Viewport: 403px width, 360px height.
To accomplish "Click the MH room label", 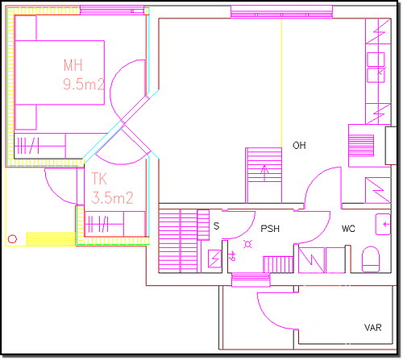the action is tap(73, 65).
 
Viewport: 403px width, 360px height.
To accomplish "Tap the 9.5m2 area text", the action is tap(84, 84).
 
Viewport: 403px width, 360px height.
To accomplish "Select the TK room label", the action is tap(99, 179).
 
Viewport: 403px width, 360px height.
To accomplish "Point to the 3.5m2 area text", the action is tap(112, 198).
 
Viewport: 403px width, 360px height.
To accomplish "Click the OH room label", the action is tap(299, 145).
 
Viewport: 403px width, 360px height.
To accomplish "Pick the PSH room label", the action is tap(270, 229).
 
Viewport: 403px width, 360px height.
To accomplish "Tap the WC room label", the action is tap(348, 229).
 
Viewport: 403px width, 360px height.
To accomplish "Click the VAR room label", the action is tap(372, 328).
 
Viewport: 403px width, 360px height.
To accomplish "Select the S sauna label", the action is tap(216, 226).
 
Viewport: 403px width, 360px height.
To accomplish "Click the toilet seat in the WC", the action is tap(371, 259).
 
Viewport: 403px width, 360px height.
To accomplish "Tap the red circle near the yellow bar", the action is tap(12, 238).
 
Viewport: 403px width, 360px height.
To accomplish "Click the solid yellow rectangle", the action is tap(51, 239).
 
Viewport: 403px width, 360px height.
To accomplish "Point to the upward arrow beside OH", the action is tap(265, 173).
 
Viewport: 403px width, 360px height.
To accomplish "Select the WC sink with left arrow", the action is tap(383, 224).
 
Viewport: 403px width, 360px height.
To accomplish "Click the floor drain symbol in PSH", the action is tap(247, 244).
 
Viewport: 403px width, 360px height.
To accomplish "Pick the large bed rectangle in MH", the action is tap(60, 72).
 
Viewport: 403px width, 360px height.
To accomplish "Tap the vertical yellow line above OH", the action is tap(281, 83).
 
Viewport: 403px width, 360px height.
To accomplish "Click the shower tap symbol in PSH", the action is tap(233, 256).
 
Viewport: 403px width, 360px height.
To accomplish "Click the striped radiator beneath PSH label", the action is tap(278, 264).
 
